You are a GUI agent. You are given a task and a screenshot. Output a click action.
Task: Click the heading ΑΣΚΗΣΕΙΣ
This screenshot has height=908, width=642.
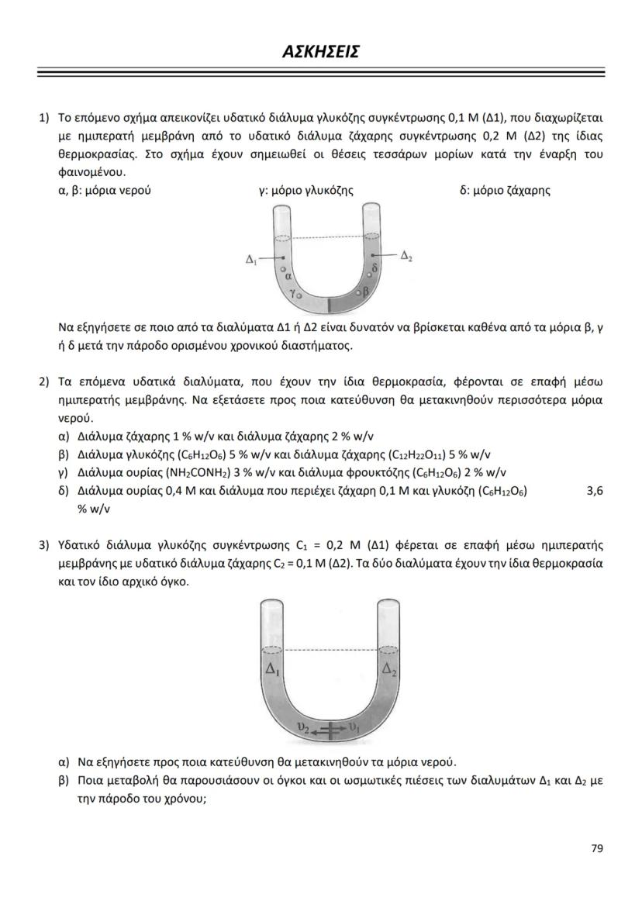click(x=320, y=53)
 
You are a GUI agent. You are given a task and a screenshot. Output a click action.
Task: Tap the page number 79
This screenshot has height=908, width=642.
click(x=596, y=848)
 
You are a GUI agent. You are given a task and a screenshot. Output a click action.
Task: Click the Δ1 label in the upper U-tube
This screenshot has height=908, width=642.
click(x=251, y=259)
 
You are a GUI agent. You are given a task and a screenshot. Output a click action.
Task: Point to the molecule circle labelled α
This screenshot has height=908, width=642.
click(x=283, y=268)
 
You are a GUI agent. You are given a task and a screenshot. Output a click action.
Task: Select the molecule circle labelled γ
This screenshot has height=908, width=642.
click(x=299, y=295)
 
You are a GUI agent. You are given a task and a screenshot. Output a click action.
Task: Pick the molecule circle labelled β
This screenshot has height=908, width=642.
click(x=358, y=293)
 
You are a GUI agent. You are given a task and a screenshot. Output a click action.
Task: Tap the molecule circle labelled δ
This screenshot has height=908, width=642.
click(x=369, y=274)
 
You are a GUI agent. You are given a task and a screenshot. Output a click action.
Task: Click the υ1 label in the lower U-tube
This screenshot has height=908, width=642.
click(x=355, y=728)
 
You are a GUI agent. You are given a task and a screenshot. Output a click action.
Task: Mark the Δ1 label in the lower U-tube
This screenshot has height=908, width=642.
click(x=273, y=669)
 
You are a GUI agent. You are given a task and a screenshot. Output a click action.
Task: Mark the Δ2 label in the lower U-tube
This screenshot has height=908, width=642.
click(x=388, y=669)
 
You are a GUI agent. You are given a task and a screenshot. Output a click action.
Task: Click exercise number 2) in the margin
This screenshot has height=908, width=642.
click(x=44, y=381)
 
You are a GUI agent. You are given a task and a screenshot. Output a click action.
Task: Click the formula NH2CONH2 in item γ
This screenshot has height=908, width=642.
click(x=194, y=473)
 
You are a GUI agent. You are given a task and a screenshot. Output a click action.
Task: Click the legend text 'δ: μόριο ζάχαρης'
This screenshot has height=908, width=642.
click(x=505, y=190)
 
